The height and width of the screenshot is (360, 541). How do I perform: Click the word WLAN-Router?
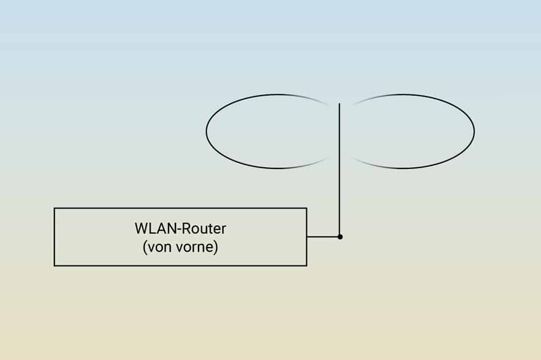pos(181,229)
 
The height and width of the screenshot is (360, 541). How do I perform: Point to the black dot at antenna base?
pos(340,237)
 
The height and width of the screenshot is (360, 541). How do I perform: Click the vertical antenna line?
pos(339,169)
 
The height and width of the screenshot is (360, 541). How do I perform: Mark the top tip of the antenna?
pos(339,103)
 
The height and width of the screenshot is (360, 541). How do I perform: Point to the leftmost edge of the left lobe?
pos(207,131)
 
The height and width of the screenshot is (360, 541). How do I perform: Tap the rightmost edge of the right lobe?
pos(474,131)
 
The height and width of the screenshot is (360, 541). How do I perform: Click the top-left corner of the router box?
pos(54,209)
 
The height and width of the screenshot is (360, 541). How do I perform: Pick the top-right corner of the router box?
pos(306,209)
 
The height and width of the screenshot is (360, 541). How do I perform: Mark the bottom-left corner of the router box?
pos(54,266)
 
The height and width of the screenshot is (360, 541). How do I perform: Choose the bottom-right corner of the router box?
pos(306,266)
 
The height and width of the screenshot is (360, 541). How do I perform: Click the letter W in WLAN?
pos(141,229)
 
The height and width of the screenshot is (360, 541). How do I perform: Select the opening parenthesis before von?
pos(145,248)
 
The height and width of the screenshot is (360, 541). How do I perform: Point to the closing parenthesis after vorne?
pos(216,248)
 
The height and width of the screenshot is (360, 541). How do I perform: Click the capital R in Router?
pos(186,229)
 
